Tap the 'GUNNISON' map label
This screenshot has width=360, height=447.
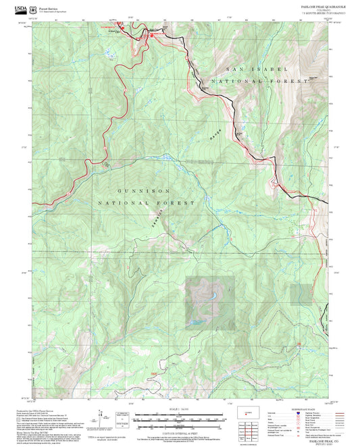pos(145,191)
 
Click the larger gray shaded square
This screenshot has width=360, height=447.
pos(210,301)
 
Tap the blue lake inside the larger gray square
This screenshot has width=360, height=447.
pos(211,294)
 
